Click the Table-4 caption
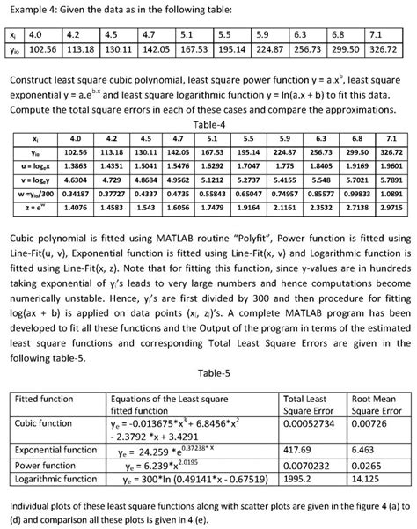[208, 125]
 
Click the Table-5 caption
[208, 348]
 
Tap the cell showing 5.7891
[388, 178]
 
